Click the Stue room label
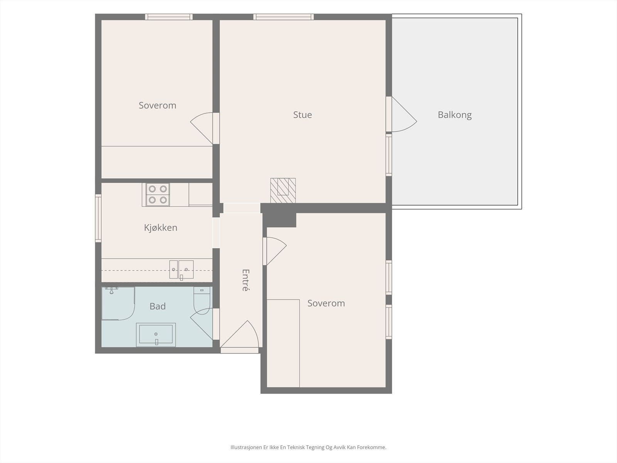pos(302,115)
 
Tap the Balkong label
pos(455,115)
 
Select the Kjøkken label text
pos(160,227)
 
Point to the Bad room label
pos(157,306)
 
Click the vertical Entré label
pos(245,280)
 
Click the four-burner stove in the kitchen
pos(158,194)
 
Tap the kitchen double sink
pos(181,270)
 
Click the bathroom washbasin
pos(156,335)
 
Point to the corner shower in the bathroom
pos(118,303)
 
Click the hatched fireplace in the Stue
pos(283,190)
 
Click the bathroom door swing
pos(202,324)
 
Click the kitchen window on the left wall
pos(98,218)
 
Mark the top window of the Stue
pos(283,17)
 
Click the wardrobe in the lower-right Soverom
pos(283,343)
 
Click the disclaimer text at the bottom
pos(308,447)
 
